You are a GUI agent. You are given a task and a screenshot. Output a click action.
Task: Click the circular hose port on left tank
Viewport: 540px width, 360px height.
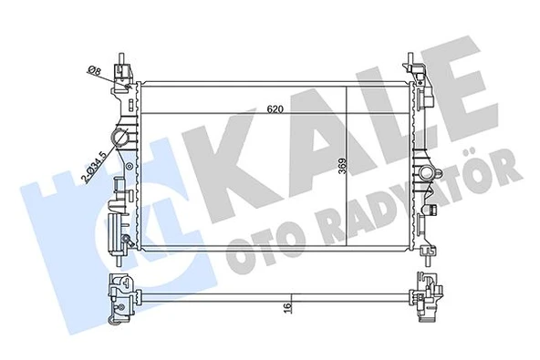click(119, 139)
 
